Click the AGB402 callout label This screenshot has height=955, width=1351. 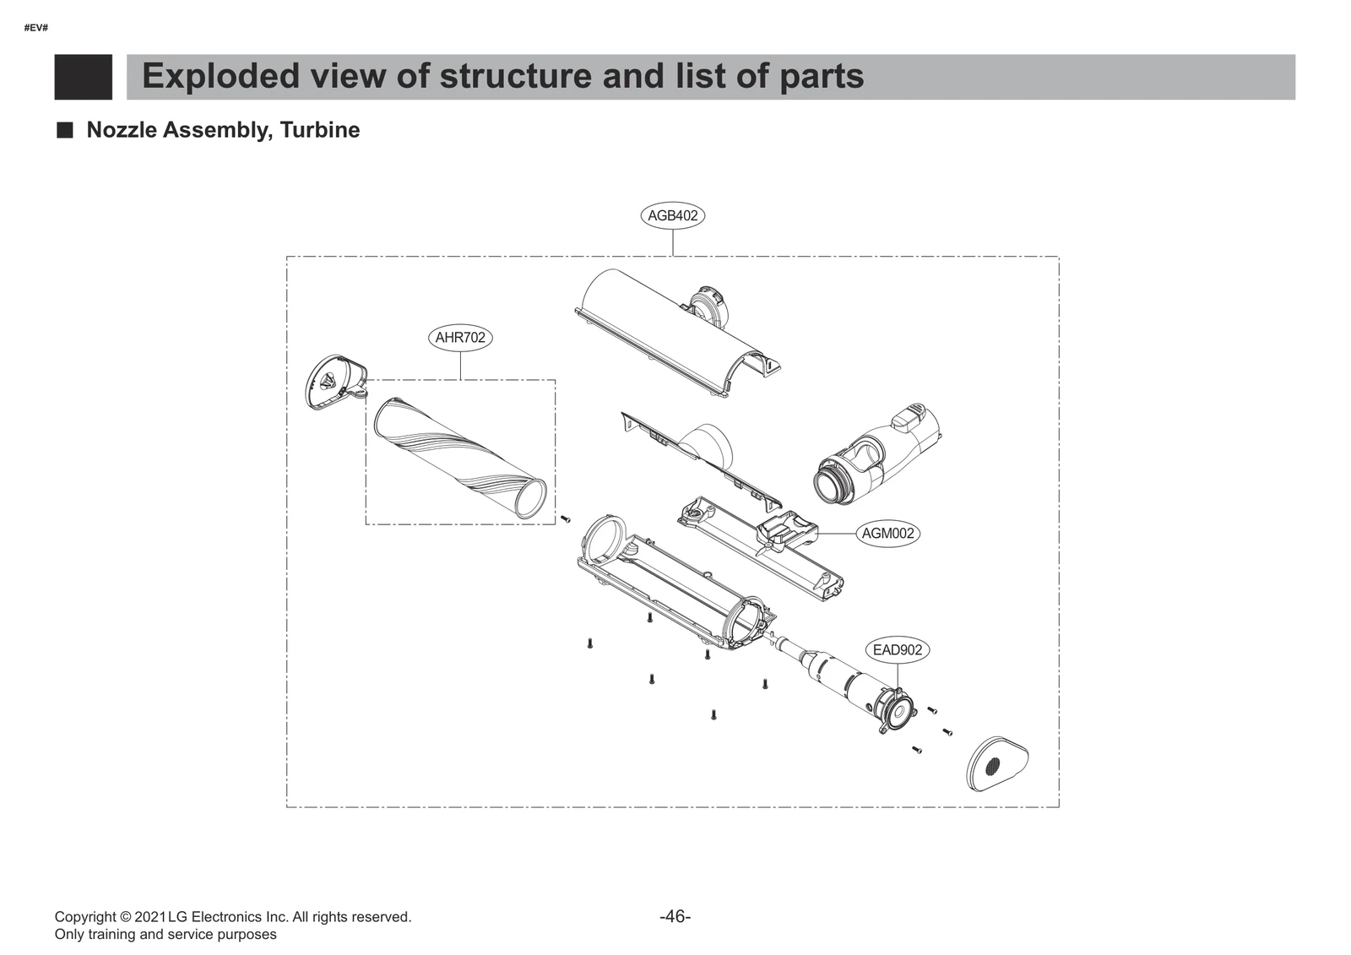tap(672, 215)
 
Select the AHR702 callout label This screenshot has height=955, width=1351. tap(460, 338)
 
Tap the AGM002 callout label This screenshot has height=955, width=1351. tap(887, 534)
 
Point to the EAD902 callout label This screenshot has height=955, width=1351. tap(898, 650)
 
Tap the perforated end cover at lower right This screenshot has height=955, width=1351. tap(997, 764)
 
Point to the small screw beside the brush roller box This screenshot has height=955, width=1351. tap(566, 518)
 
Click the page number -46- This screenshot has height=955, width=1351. tap(675, 916)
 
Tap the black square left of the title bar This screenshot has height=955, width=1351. tap(83, 77)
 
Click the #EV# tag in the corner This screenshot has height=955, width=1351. tap(36, 28)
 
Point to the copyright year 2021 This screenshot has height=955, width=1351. tap(150, 917)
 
